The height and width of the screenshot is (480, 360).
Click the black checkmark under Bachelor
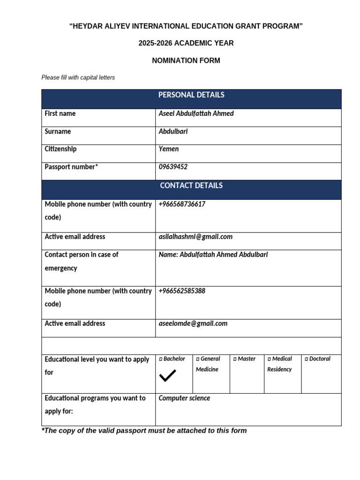coord(167,375)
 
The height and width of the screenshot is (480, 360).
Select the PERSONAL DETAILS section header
coord(191,95)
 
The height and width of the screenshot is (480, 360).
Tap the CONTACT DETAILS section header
coord(191,186)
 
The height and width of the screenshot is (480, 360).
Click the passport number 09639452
coord(173,167)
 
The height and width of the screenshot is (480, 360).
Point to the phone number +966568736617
coord(182,204)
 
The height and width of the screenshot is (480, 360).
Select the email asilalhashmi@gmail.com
coord(195,237)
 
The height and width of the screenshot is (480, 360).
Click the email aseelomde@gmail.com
coord(193,323)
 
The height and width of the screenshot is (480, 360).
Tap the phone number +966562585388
coord(182,291)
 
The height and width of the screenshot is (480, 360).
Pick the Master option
coord(244,359)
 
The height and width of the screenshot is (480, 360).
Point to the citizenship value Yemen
coord(169,149)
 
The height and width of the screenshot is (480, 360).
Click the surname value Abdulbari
coord(173,132)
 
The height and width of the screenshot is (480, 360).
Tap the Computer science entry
coord(184,398)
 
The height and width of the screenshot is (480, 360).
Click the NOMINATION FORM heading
coord(186,61)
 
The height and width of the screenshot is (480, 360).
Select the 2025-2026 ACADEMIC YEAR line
coord(186,43)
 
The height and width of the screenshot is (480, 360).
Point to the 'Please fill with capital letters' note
coord(78,78)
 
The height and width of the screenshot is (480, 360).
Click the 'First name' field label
coord(60,114)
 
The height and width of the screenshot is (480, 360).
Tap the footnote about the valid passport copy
coord(144,431)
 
